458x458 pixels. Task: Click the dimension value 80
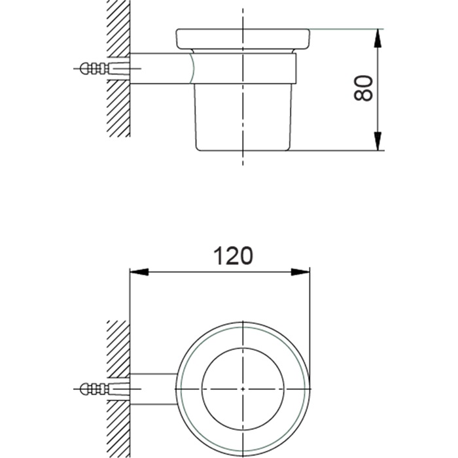(x=364, y=88)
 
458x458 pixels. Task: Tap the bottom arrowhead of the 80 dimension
(x=378, y=139)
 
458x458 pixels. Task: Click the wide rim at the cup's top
(x=243, y=38)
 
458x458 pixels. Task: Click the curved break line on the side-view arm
(x=192, y=68)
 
